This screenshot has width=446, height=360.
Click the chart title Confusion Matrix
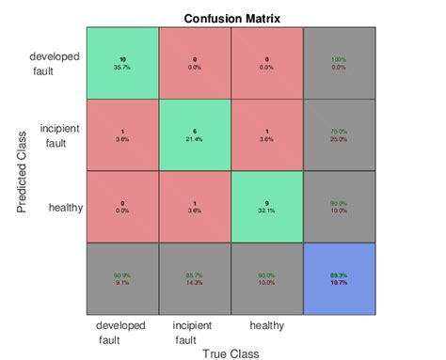pyautogui.click(x=231, y=18)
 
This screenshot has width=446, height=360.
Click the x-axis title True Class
pyautogui.click(x=231, y=353)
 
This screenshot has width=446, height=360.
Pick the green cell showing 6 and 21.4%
pyautogui.click(x=195, y=134)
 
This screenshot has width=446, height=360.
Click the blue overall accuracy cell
pyautogui.click(x=340, y=278)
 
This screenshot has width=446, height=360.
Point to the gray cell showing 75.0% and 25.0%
pyautogui.click(x=340, y=134)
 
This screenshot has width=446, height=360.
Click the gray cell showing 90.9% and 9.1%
pyautogui.click(x=122, y=278)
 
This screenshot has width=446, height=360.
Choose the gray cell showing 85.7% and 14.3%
pyautogui.click(x=195, y=278)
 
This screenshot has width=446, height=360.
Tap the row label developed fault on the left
pyautogui.click(x=55, y=63)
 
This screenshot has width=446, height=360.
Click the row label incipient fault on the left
pyautogui.click(x=58, y=135)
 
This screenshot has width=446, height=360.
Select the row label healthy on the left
pyautogui.click(x=64, y=207)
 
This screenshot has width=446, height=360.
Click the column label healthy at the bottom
pyautogui.click(x=266, y=325)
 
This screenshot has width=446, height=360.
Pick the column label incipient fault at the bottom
pyautogui.click(x=192, y=333)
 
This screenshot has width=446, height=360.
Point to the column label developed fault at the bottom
pyautogui.click(x=121, y=333)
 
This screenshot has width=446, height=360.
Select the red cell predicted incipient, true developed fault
pyautogui.click(x=122, y=134)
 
